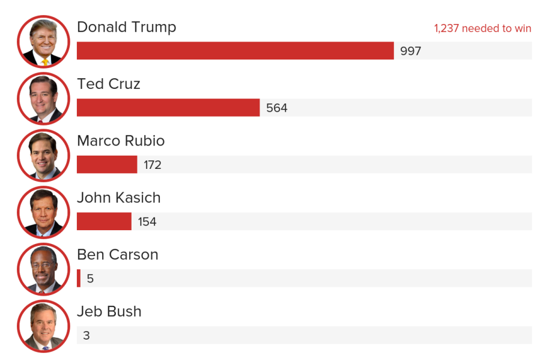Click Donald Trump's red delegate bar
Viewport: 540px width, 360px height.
click(235, 50)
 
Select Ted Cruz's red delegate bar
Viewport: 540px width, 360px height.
click(168, 108)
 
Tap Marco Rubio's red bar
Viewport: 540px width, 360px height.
click(107, 164)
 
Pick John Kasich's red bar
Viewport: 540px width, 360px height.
click(104, 221)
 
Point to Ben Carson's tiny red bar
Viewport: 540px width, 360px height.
click(79, 278)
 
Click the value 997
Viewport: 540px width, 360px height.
click(411, 51)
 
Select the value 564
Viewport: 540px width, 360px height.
click(277, 108)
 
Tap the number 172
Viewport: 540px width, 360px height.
click(153, 165)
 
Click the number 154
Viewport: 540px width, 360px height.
click(147, 222)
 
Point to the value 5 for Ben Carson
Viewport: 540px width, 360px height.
click(90, 279)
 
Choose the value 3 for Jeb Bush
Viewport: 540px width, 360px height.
click(86, 335)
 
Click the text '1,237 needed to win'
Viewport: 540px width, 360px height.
click(482, 28)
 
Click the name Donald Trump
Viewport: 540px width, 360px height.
click(127, 27)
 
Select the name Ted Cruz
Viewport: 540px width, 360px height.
click(109, 84)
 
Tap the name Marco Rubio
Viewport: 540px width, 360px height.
click(121, 141)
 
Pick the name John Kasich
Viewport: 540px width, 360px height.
click(119, 198)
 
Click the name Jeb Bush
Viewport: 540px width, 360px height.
click(109, 311)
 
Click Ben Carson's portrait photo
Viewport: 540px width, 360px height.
click(43, 269)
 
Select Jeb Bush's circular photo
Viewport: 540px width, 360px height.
click(43, 326)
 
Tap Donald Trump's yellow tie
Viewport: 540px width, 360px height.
click(45, 61)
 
